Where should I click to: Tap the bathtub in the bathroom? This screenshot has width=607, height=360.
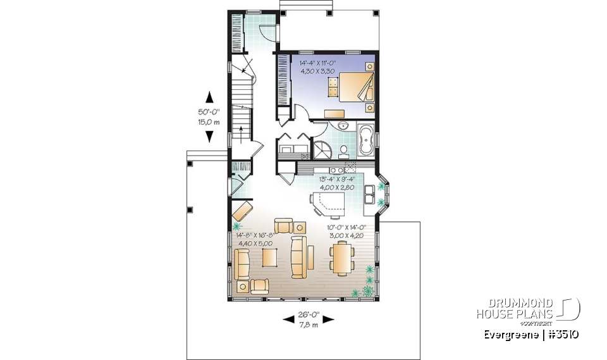365,141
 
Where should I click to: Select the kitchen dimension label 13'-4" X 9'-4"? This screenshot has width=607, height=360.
339,183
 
